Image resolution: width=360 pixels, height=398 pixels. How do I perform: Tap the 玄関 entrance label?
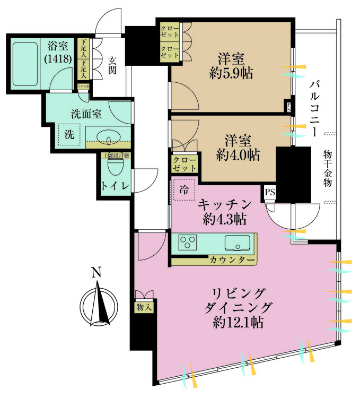click(x=112, y=65)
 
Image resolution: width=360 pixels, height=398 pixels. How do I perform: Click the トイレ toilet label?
click(x=112, y=186)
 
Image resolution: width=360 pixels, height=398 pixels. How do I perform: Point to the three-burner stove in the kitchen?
click(x=188, y=243)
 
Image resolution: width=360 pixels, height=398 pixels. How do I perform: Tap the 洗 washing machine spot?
click(x=69, y=135)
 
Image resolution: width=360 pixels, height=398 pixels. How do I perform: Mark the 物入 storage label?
click(x=144, y=306)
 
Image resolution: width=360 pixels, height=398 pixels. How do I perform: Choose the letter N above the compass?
click(x=95, y=274)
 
